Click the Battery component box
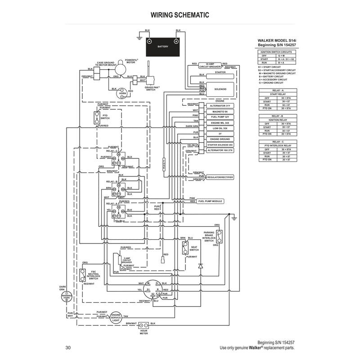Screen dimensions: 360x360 tap(163, 46)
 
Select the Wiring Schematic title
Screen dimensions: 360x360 tap(180, 15)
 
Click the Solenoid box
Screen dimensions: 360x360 tap(220, 89)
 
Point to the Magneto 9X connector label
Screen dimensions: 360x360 tap(220, 111)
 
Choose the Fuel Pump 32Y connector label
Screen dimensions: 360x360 tap(220, 117)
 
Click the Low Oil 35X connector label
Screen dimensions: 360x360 tap(220, 128)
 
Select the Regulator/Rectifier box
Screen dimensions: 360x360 tap(220, 178)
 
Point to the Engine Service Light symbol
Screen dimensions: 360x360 tap(116, 317)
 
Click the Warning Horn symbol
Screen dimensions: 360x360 tap(67, 297)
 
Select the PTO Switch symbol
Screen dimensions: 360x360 tap(96, 118)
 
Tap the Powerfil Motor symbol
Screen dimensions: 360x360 tap(121, 67)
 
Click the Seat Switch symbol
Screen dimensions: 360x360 tap(185, 248)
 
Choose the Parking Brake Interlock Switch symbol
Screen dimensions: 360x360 tap(220, 235)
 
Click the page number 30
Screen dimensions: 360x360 tap(68, 347)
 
